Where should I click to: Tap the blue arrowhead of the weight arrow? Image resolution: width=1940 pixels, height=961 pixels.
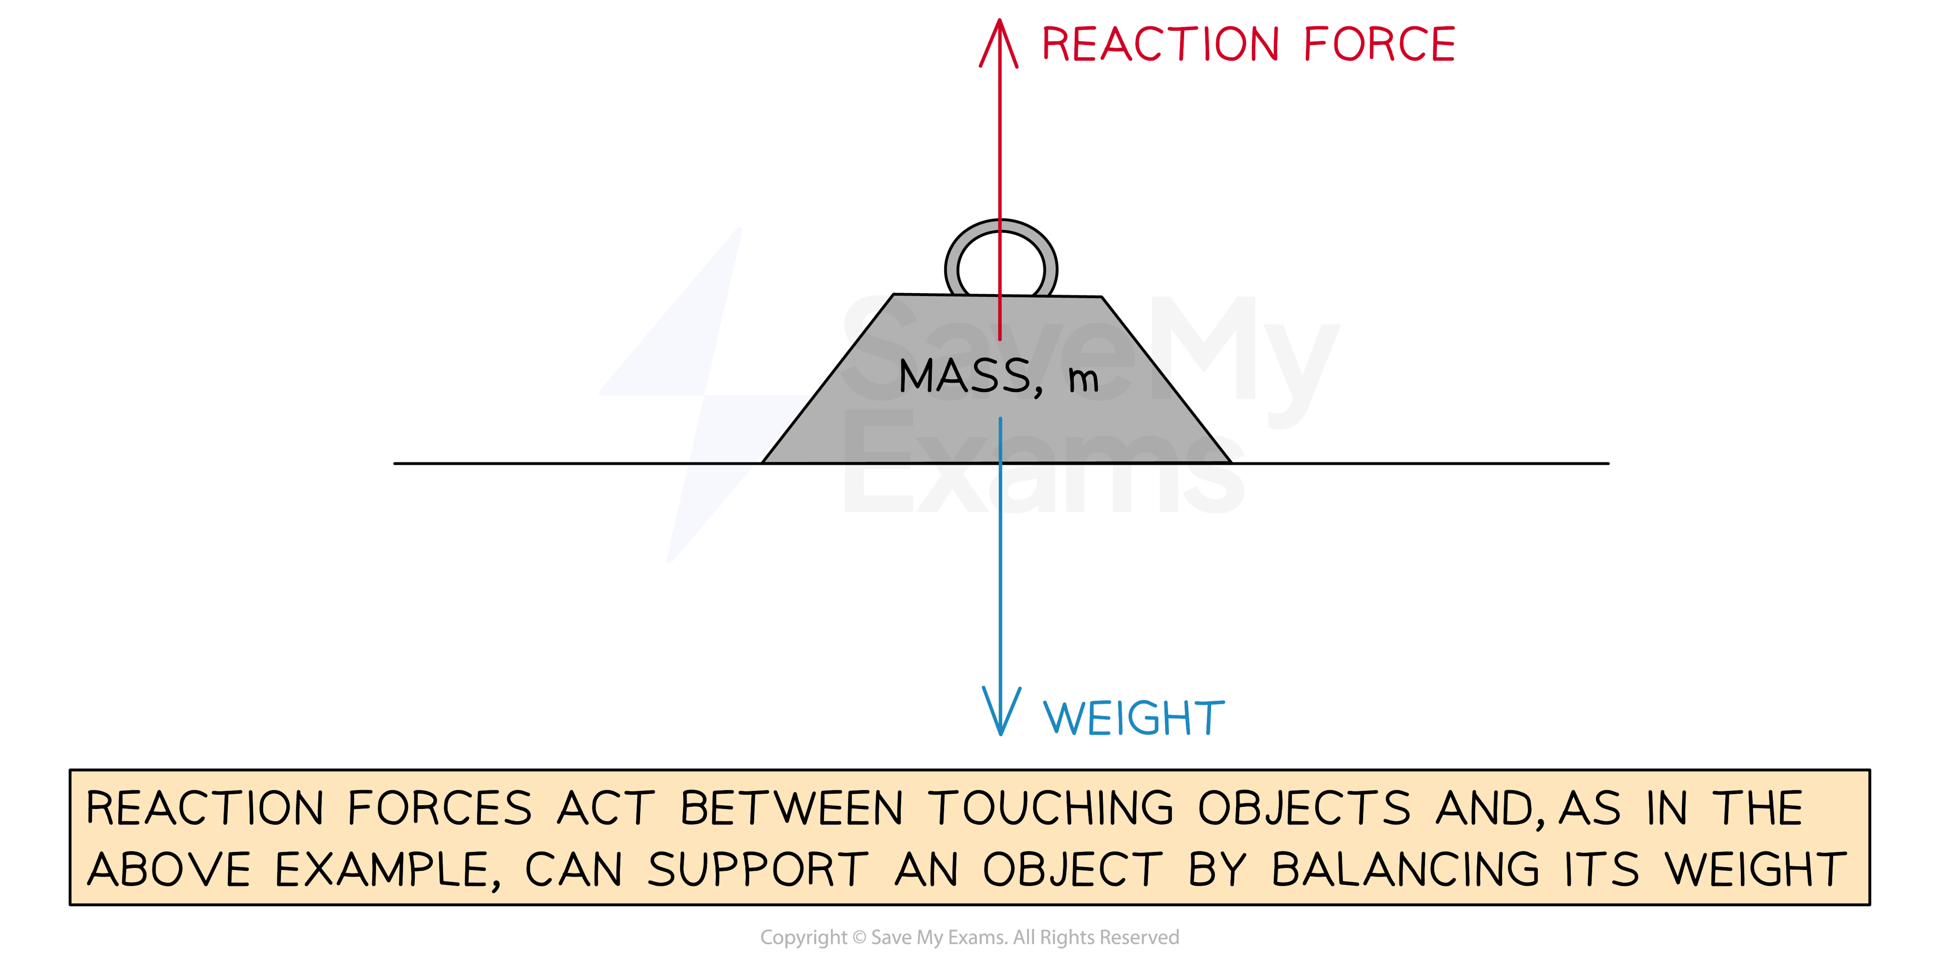click(x=1001, y=712)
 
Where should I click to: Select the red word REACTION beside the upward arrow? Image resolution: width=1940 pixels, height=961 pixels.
click(x=1160, y=43)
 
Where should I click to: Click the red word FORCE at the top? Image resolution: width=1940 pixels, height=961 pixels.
click(x=1379, y=43)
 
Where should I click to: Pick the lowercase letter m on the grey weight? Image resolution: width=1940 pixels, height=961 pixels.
click(x=1083, y=379)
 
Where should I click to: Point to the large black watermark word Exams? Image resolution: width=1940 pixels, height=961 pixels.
click(x=1043, y=471)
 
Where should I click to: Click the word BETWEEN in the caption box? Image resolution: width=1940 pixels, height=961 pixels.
click(x=791, y=808)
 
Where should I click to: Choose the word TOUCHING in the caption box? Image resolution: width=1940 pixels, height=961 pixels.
click(x=1051, y=808)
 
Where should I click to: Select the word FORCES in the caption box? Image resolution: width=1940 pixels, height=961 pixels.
click(x=440, y=808)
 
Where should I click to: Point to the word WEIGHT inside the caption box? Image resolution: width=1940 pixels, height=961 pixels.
click(x=1755, y=870)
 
